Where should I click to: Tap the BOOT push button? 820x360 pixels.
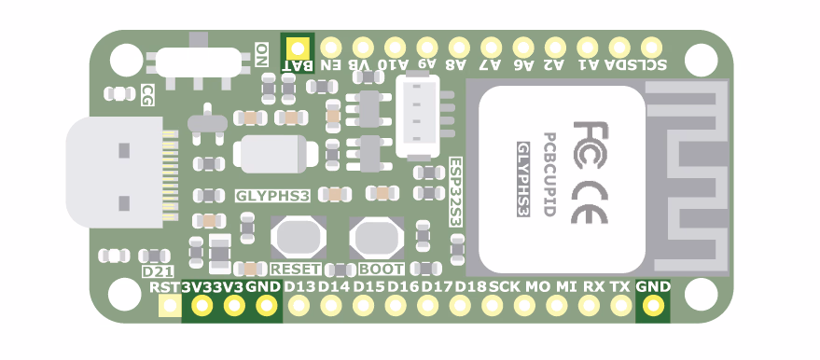377,238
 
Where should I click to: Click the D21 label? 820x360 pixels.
154,270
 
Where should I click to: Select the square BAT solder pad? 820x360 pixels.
298,47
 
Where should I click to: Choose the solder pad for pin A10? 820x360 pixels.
395,47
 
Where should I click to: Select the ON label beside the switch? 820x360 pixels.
262,52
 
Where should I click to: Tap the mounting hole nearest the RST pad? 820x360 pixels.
123,295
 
